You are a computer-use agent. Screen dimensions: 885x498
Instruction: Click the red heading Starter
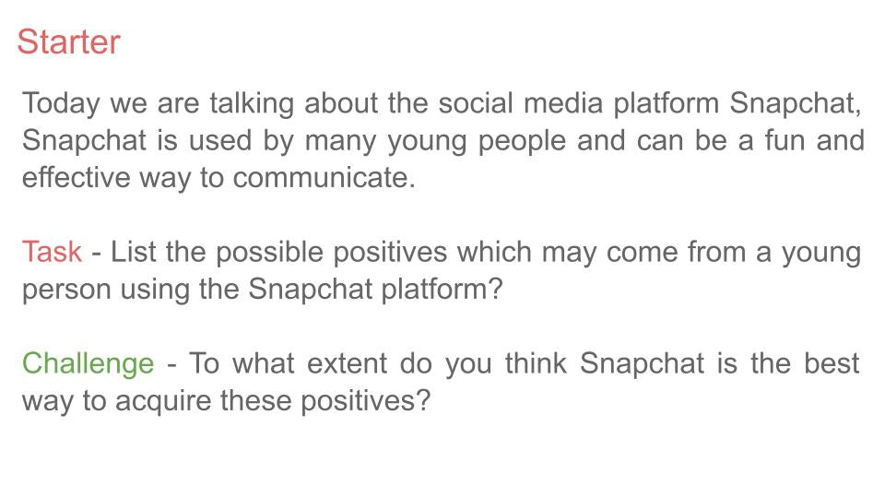[x=68, y=41]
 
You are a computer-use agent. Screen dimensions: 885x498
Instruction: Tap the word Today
[x=61, y=104]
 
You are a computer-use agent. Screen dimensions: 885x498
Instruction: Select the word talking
[x=252, y=104]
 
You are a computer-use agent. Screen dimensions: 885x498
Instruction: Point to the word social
[x=476, y=103]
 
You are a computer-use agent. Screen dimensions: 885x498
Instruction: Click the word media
[x=562, y=103]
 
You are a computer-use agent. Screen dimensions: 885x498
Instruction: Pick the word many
[x=340, y=142]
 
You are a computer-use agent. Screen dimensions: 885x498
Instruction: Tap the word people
[x=522, y=142]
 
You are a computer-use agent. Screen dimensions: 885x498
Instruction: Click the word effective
[x=77, y=177]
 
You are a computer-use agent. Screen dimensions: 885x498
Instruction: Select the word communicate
[x=324, y=177]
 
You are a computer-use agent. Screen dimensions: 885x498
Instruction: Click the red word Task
[x=52, y=251]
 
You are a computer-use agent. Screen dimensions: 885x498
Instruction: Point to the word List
[x=133, y=251]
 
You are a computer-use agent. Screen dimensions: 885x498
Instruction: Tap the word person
[x=66, y=290]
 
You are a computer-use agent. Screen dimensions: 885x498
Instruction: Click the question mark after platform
[x=495, y=289]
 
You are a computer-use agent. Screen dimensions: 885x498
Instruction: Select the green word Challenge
[x=88, y=364]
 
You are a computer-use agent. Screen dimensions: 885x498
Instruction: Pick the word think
[x=536, y=363]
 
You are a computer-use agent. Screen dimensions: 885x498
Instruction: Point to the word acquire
[x=162, y=401]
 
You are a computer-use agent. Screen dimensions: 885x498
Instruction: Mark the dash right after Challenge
[x=172, y=365]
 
